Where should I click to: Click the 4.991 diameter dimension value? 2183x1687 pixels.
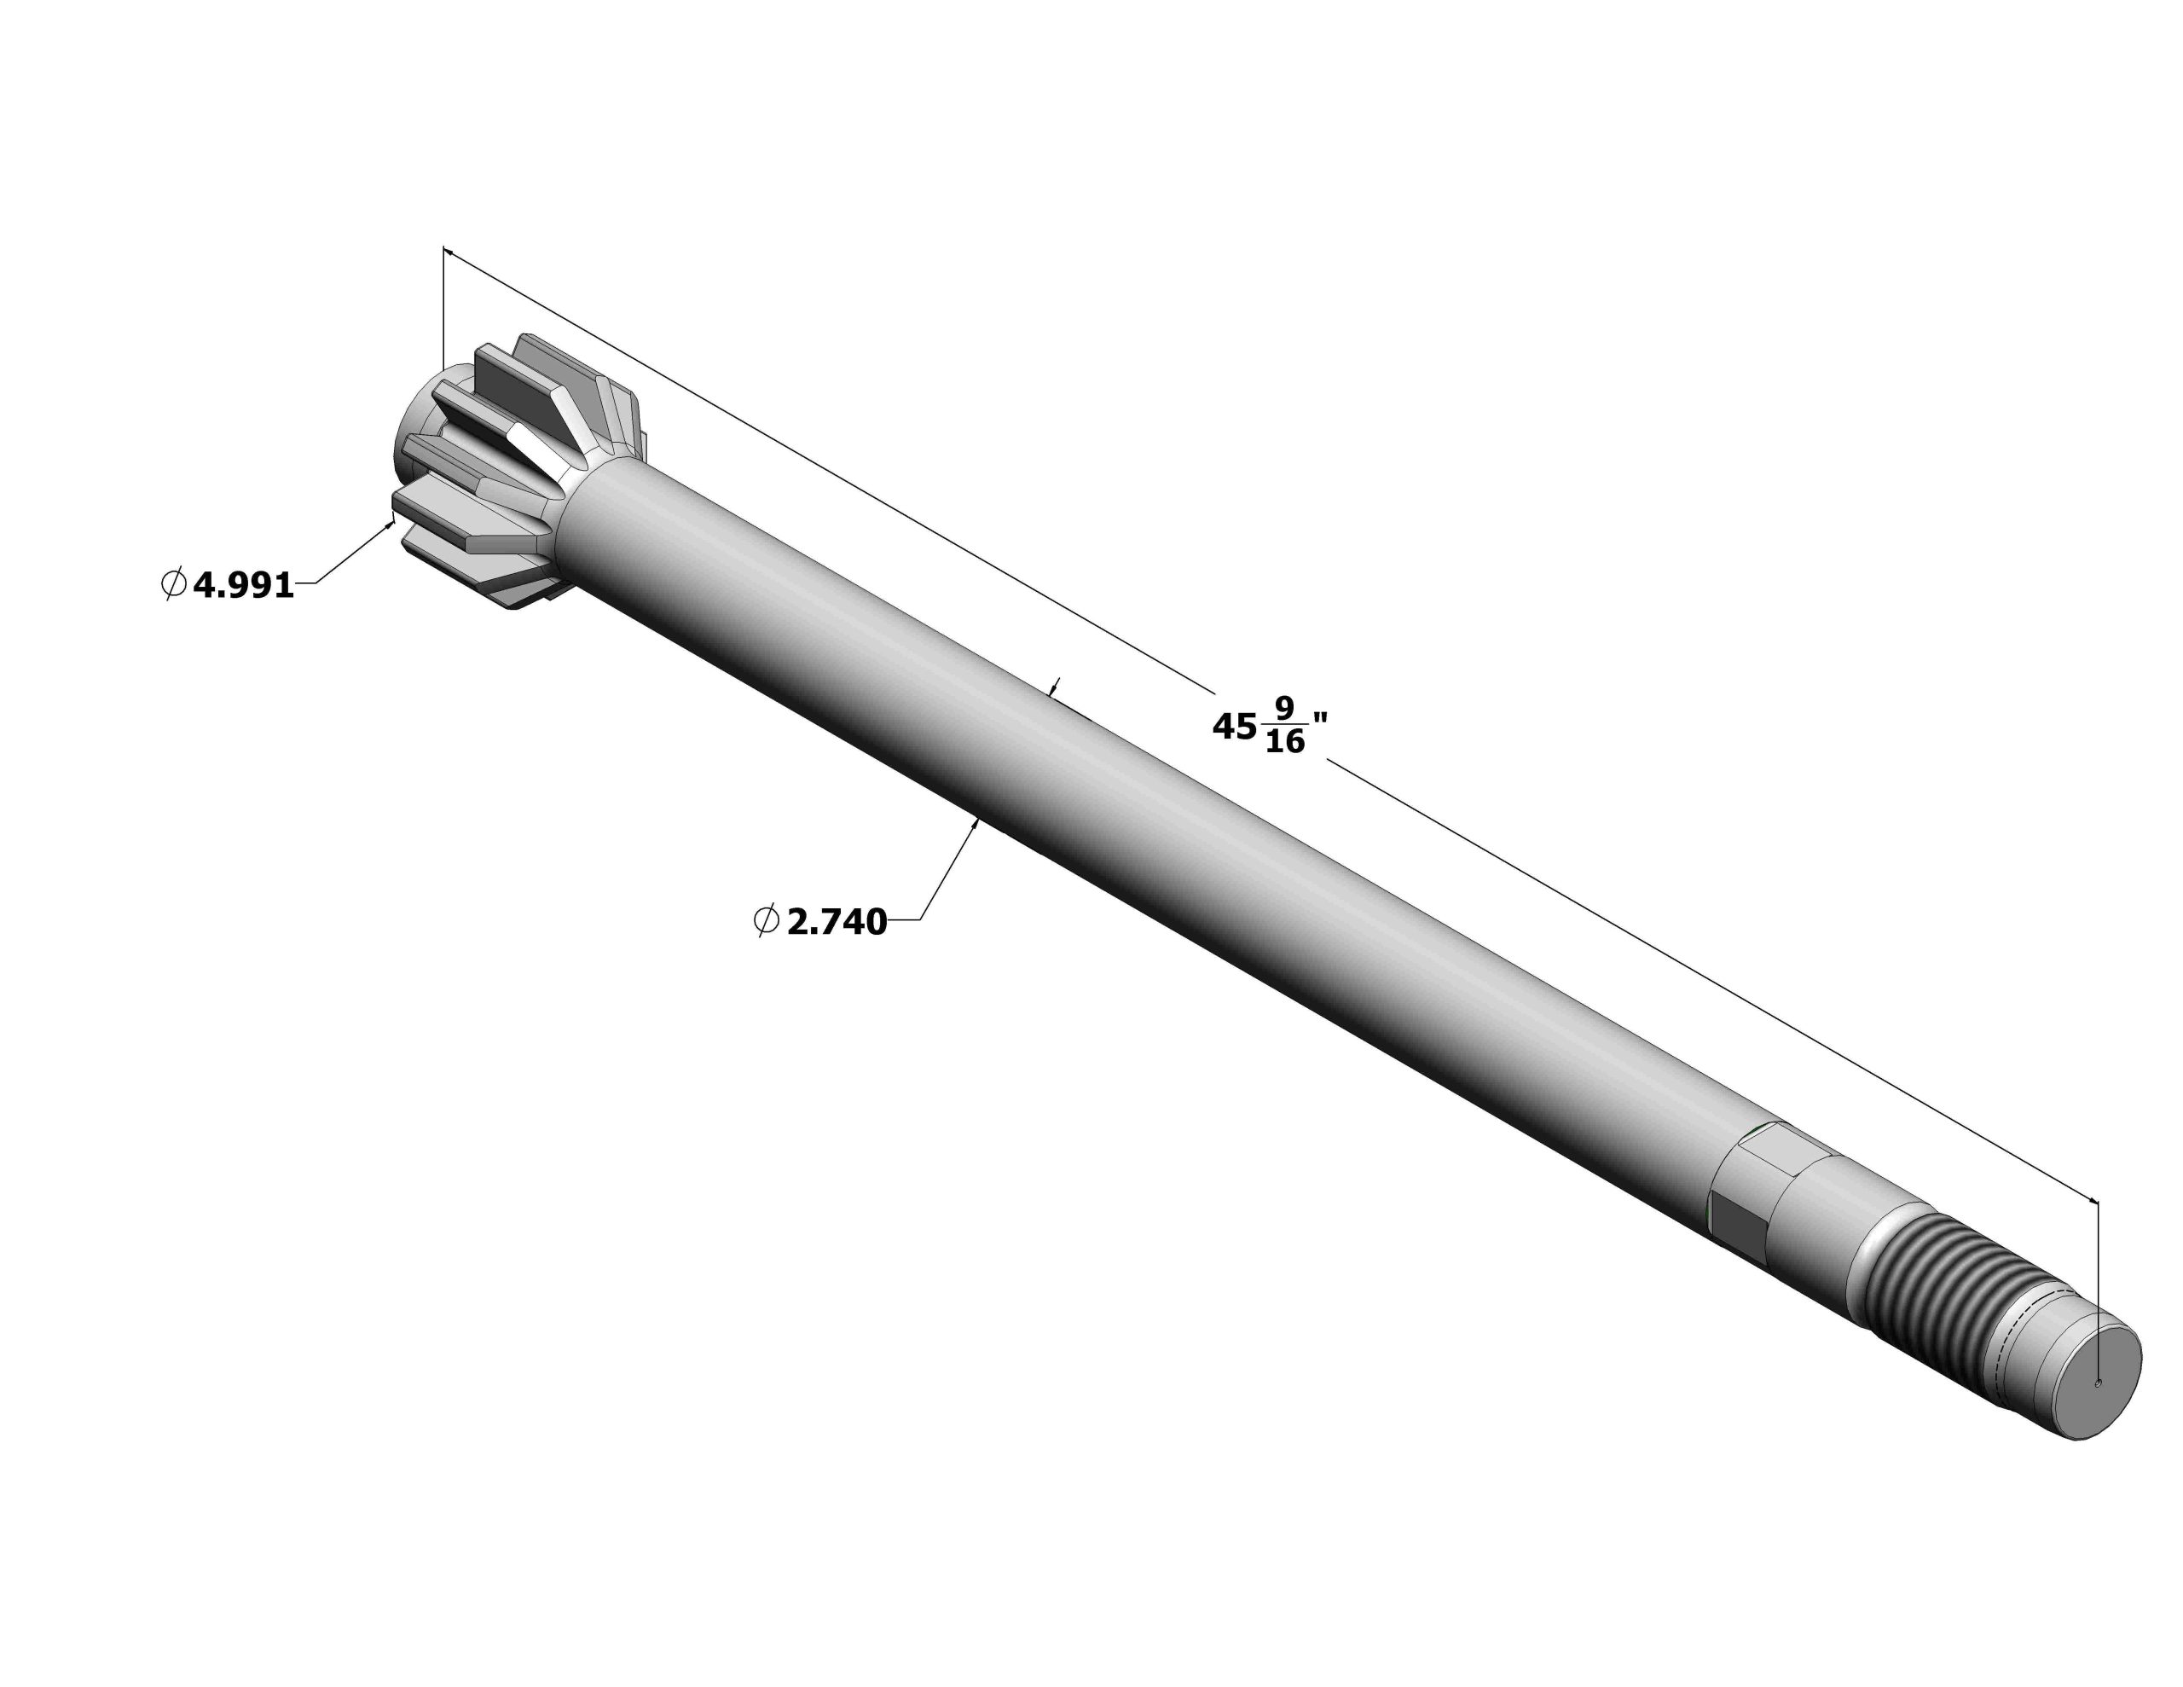[244, 586]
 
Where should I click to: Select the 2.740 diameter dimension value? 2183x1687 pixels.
[837, 922]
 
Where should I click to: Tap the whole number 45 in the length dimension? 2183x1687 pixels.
[1235, 727]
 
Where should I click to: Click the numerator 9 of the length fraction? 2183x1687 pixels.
[1284, 709]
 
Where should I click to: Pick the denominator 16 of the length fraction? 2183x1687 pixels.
[1285, 742]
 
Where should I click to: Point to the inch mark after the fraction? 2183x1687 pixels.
[1319, 719]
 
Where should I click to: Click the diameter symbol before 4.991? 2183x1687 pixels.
[173, 584]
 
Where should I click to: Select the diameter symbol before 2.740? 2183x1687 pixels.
[766, 920]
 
